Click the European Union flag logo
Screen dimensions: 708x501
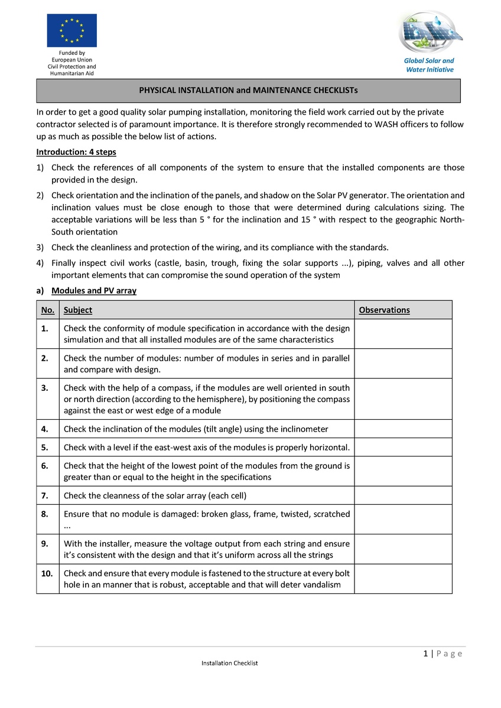tap(71, 30)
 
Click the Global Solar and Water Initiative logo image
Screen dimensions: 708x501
tap(428, 32)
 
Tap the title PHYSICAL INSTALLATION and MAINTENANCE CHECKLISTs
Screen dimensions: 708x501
tap(248, 91)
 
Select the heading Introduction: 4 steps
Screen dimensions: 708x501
tap(76, 152)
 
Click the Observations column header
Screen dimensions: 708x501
tap(384, 310)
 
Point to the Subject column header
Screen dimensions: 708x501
tap(78, 310)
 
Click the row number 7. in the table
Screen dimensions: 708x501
tap(45, 495)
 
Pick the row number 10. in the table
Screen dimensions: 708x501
tap(47, 573)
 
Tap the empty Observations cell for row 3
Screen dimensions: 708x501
tap(404, 399)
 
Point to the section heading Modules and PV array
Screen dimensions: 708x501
tap(94, 291)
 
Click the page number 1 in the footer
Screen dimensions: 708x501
tap(425, 654)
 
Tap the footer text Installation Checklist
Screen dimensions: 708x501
tap(229, 663)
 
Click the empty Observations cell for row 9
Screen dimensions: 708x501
tap(404, 549)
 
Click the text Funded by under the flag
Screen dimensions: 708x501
tap(71, 53)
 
